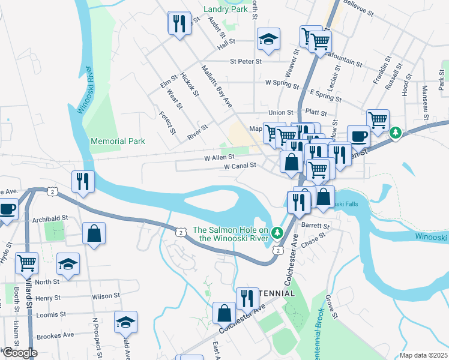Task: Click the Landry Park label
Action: pos(225,9)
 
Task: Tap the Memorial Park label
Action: pos(118,142)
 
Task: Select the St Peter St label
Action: pos(246,61)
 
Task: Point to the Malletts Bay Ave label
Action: pos(217,86)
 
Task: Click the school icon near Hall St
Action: pos(268,40)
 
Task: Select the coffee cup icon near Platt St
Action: pos(358,136)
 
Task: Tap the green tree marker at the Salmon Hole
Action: pos(277,232)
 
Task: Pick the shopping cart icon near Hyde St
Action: pos(27,262)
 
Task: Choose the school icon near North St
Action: pos(68,265)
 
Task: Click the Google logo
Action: pos(19,353)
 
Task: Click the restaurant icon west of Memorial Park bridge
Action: pos(82,181)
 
